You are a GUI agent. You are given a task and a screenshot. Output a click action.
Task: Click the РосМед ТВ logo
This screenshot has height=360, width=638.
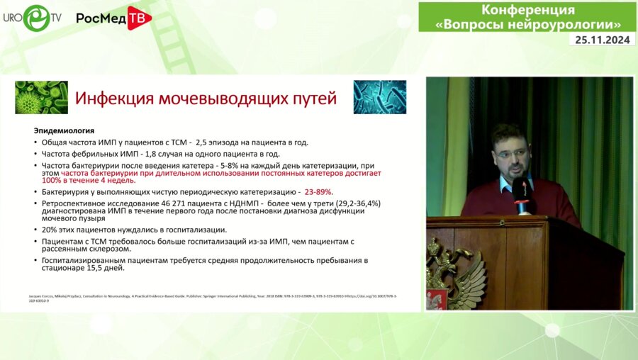click(113, 18)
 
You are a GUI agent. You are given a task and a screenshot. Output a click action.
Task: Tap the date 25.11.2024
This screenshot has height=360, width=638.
click(601, 40)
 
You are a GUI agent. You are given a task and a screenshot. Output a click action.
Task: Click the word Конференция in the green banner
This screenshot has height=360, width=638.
click(528, 10)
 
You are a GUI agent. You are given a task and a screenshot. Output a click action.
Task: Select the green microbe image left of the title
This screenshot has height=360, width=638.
click(41, 98)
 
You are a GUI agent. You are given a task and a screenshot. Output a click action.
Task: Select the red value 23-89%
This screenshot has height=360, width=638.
click(318, 192)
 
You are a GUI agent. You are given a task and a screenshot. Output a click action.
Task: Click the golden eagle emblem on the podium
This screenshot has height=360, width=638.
click(454, 273)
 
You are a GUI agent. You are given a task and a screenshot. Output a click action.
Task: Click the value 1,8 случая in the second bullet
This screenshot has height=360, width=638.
click(157, 153)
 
